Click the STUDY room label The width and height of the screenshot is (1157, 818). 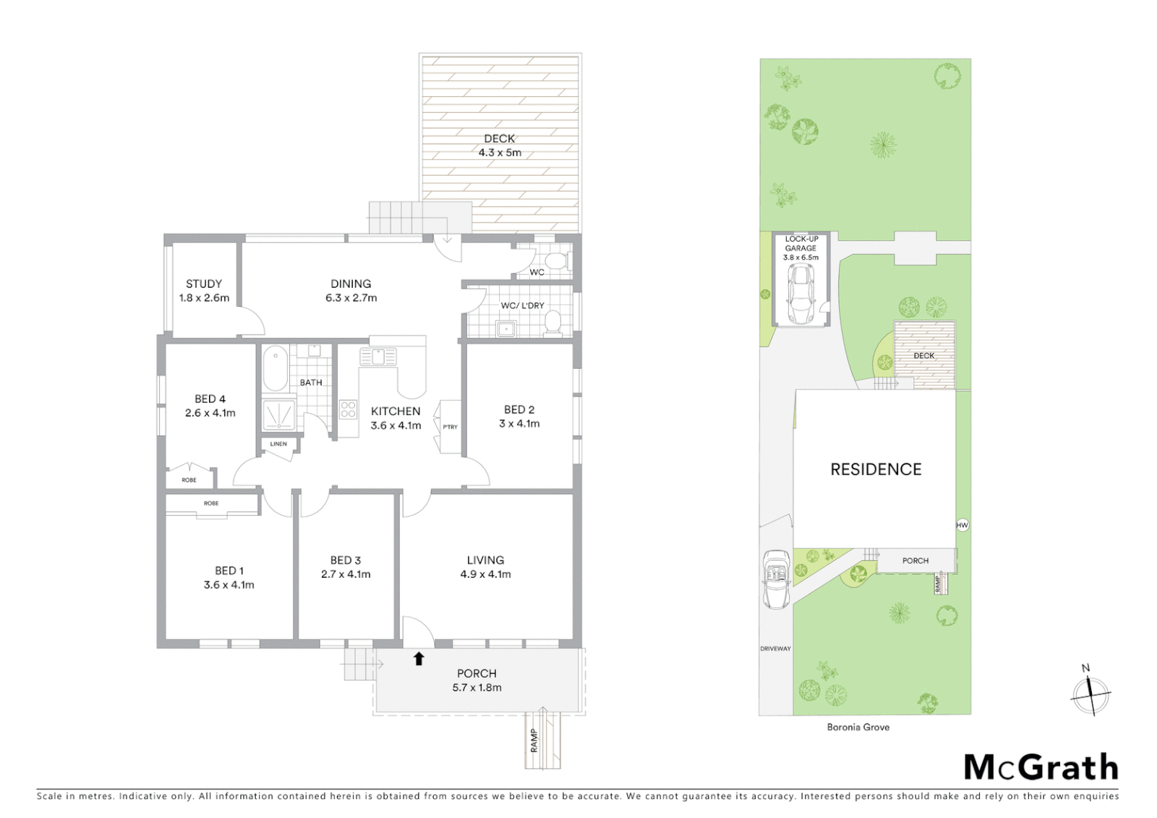(x=204, y=284)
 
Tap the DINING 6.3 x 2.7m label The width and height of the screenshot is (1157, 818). (x=351, y=291)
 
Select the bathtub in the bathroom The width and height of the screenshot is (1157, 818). (x=275, y=367)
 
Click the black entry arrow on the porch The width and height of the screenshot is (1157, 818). (x=419, y=658)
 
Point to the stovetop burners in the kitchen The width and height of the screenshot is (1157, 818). (x=348, y=410)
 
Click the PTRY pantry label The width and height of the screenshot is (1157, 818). (x=451, y=427)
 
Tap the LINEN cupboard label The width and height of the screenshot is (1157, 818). (x=279, y=444)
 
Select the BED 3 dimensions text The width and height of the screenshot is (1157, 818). (x=345, y=575)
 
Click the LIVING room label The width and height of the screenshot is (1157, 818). (x=485, y=560)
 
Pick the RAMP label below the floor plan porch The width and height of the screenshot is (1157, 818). (x=535, y=740)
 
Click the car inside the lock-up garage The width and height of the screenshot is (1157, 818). (x=800, y=294)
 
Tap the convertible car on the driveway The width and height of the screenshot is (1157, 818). (x=776, y=579)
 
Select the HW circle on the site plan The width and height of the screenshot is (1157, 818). (x=962, y=525)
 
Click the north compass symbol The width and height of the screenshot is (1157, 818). (x=1090, y=692)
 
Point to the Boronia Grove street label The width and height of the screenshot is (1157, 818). (x=858, y=727)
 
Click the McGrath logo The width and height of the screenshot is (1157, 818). (x=1040, y=767)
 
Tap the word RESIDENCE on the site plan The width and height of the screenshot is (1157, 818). (x=876, y=470)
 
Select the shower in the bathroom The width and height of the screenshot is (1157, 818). (x=279, y=414)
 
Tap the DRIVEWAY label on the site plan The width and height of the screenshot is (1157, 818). (x=775, y=649)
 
